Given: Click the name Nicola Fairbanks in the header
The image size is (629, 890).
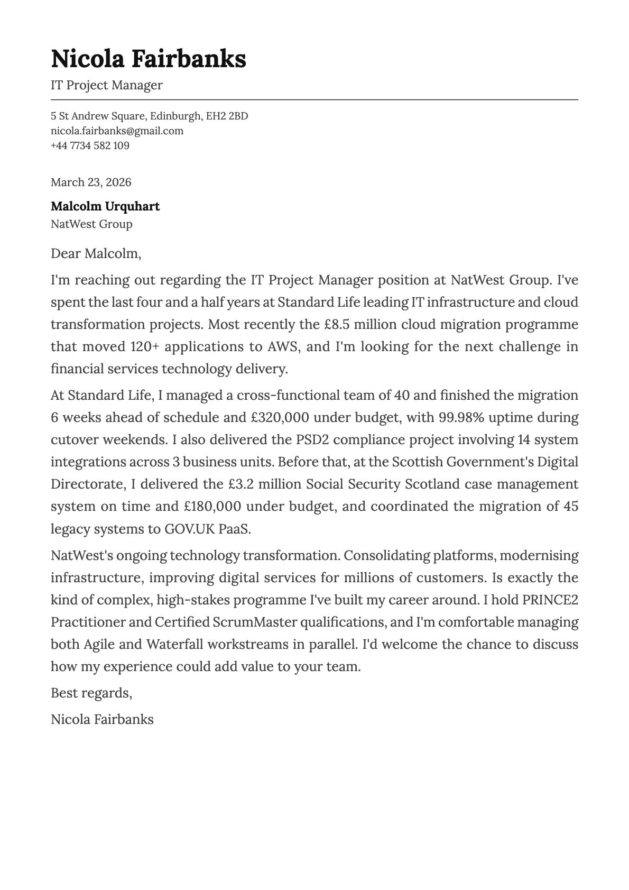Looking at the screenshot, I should click(x=148, y=59).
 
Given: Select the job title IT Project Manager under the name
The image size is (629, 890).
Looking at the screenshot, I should click(x=106, y=85).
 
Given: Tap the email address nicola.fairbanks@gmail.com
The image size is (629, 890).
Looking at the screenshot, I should click(x=117, y=131).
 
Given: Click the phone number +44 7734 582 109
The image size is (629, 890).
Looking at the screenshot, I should click(x=90, y=145).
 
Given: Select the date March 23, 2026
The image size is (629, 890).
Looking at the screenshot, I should click(x=91, y=182).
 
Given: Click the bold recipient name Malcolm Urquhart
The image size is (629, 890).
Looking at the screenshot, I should click(x=105, y=206).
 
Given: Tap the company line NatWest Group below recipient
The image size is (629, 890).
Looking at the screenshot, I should click(x=91, y=224).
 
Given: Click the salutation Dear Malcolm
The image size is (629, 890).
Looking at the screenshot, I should click(x=96, y=254).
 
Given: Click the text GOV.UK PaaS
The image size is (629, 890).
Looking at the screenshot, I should click(x=207, y=529).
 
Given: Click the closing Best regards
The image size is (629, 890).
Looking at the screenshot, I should click(x=91, y=693).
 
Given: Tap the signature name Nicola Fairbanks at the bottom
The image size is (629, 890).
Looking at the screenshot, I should click(x=102, y=719).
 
